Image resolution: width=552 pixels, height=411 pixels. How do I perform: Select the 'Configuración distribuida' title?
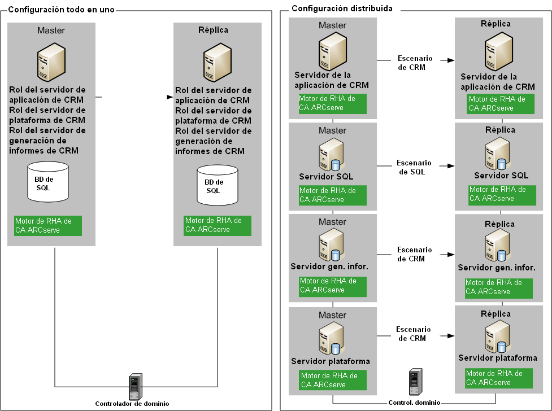coord(341,9)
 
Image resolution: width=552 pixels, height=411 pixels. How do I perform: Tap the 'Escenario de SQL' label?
coord(414,167)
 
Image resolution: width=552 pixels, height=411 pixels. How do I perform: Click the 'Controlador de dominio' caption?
coord(132,403)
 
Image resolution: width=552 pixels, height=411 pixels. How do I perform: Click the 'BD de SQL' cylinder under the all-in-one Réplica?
coord(217,185)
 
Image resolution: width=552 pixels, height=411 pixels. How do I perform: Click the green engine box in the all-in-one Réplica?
coord(217,225)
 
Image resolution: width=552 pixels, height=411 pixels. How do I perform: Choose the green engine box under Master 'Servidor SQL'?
coord(332,195)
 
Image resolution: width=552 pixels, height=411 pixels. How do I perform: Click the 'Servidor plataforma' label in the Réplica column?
coord(497,358)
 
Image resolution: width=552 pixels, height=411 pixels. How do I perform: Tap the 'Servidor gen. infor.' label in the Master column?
coord(329,266)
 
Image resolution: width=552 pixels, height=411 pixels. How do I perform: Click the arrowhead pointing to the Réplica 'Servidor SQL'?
coord(451,166)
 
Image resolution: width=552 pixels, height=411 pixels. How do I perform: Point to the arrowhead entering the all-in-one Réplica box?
coord(169,97)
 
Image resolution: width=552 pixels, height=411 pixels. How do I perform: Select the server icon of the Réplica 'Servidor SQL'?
coord(497,155)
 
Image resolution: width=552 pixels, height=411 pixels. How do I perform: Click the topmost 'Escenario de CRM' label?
coord(415,63)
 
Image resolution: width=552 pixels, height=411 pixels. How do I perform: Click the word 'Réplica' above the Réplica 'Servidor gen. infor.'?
coord(499,224)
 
